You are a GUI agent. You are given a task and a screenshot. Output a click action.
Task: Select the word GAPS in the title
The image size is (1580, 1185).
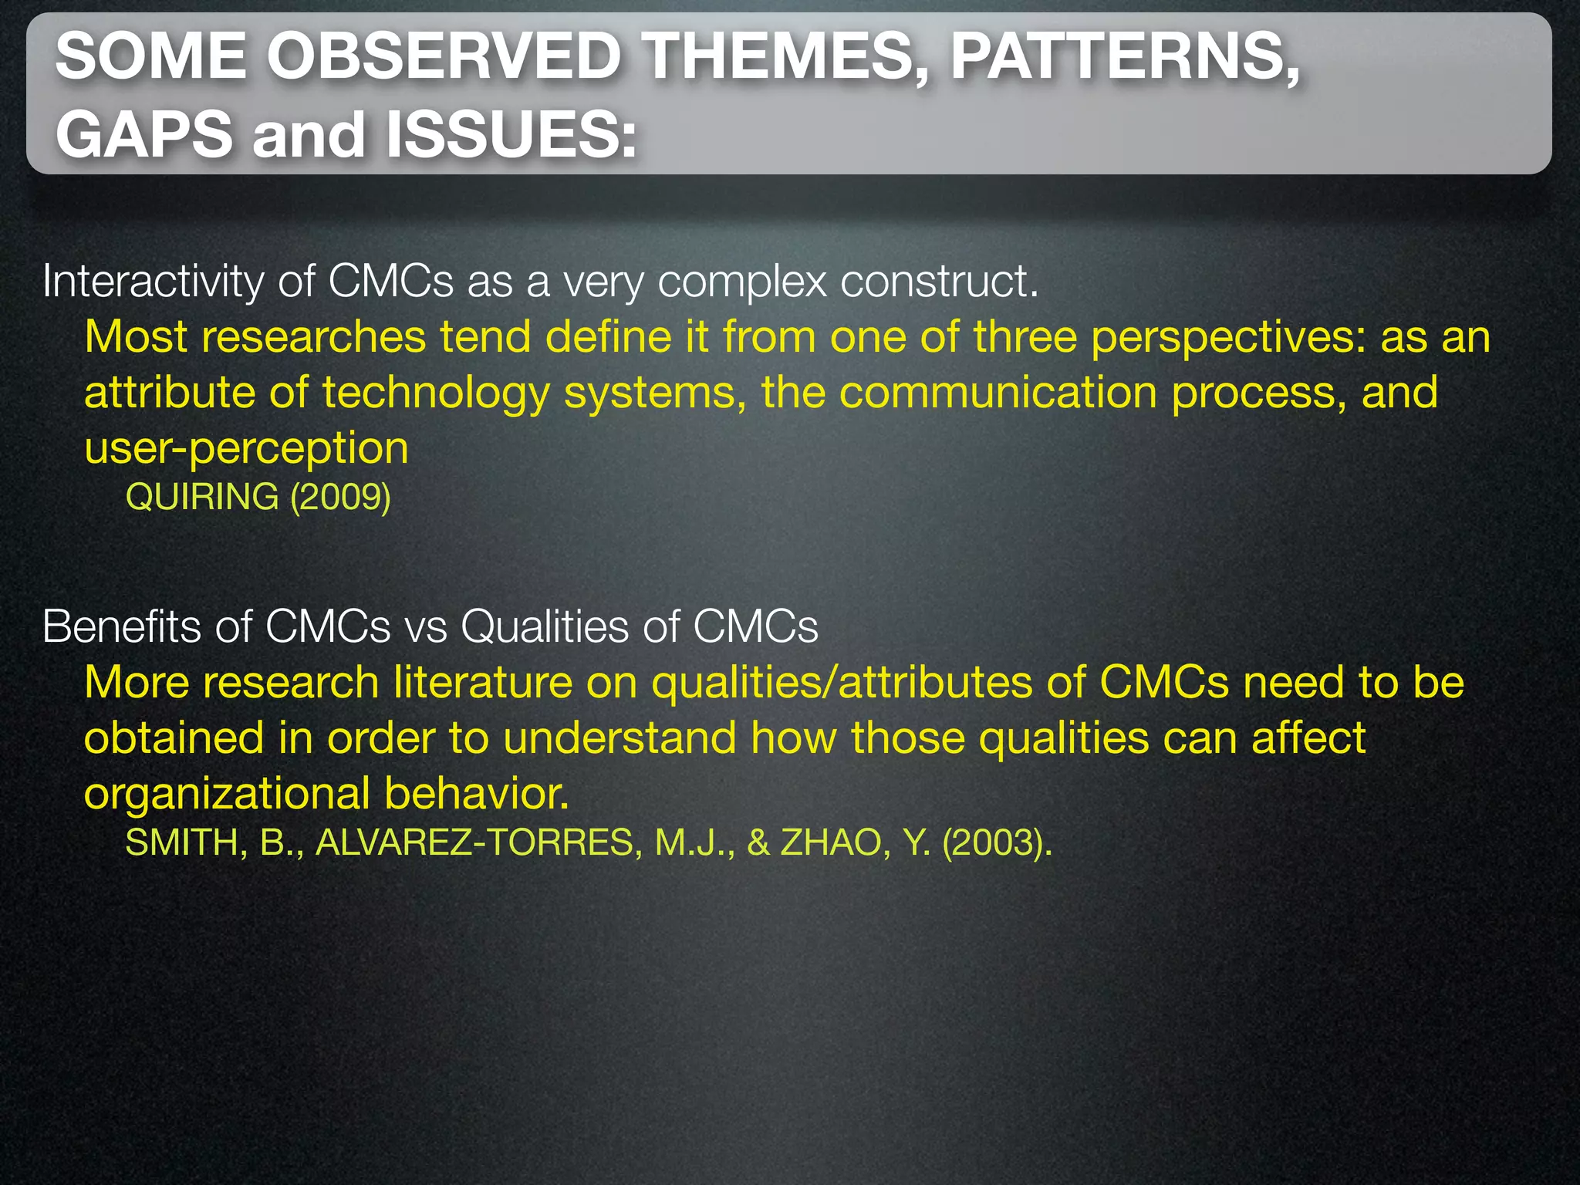point(143,135)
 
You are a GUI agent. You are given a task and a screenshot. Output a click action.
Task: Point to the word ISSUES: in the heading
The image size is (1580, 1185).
point(511,135)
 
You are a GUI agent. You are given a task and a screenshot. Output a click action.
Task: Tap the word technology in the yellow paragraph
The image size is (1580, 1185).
point(436,393)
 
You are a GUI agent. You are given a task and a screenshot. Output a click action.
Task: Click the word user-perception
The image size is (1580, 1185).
point(246,449)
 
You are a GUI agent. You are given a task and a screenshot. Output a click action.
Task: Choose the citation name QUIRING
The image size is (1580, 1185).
point(202,497)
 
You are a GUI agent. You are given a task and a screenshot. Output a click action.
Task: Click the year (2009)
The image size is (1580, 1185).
point(340,497)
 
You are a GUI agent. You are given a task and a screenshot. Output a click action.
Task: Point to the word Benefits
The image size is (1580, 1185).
point(121,626)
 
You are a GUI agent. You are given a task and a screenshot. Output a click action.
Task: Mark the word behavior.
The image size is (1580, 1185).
point(477,794)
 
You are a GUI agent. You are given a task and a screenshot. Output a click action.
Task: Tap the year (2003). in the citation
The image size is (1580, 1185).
point(997,842)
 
